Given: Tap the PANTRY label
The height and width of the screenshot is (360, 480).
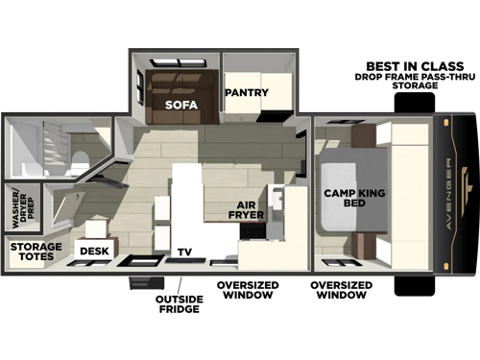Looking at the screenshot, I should [x=246, y=93].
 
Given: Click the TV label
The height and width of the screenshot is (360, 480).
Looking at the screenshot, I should [x=184, y=252].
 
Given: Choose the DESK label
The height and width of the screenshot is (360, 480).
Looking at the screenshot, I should [x=94, y=252].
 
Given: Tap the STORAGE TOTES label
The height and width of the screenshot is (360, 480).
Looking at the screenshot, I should [x=36, y=252].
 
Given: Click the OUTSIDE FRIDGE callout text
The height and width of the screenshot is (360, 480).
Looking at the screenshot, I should [x=179, y=304].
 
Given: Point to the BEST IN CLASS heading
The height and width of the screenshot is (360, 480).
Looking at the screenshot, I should [x=408, y=66].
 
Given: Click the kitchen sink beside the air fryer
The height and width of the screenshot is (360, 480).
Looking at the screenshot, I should [x=276, y=204].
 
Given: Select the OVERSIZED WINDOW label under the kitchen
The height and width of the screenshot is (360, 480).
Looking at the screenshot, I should [x=246, y=290].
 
